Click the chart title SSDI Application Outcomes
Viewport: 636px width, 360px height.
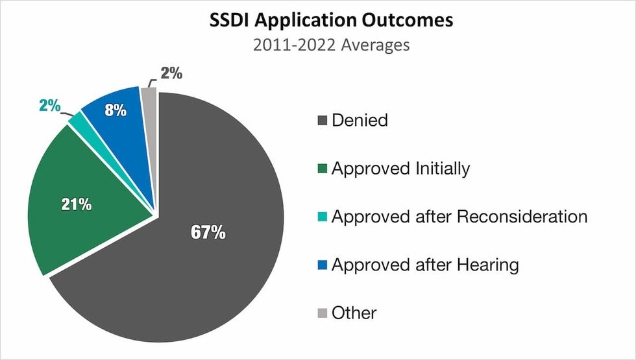click(x=331, y=20)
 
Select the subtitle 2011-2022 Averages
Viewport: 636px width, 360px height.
click(x=331, y=45)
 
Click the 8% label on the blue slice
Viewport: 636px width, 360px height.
click(x=115, y=110)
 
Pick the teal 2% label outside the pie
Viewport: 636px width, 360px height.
click(x=50, y=105)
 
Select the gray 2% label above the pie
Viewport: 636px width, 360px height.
click(x=171, y=74)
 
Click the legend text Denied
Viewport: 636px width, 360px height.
click(x=360, y=120)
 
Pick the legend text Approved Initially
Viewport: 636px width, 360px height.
click(x=400, y=169)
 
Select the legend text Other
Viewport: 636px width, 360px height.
click(x=354, y=313)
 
